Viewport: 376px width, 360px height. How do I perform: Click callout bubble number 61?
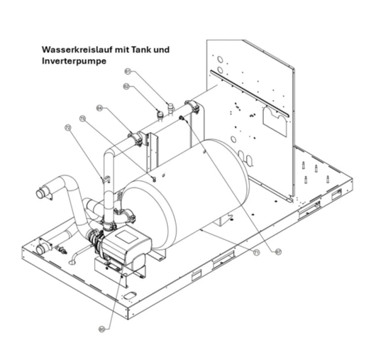click(128, 71)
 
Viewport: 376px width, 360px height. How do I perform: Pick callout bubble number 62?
click(126, 87)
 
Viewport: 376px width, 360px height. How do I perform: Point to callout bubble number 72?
click(68, 129)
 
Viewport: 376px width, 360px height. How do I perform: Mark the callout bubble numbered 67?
click(277, 250)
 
